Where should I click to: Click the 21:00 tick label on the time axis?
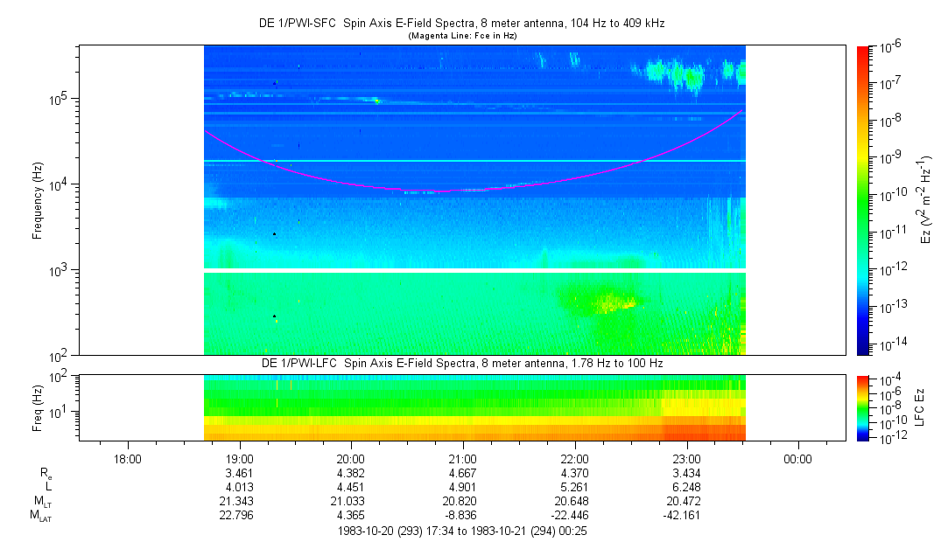pos(463,458)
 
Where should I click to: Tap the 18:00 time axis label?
pos(128,458)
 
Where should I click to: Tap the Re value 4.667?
pos(463,473)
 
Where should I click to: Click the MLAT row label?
pos(40,516)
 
